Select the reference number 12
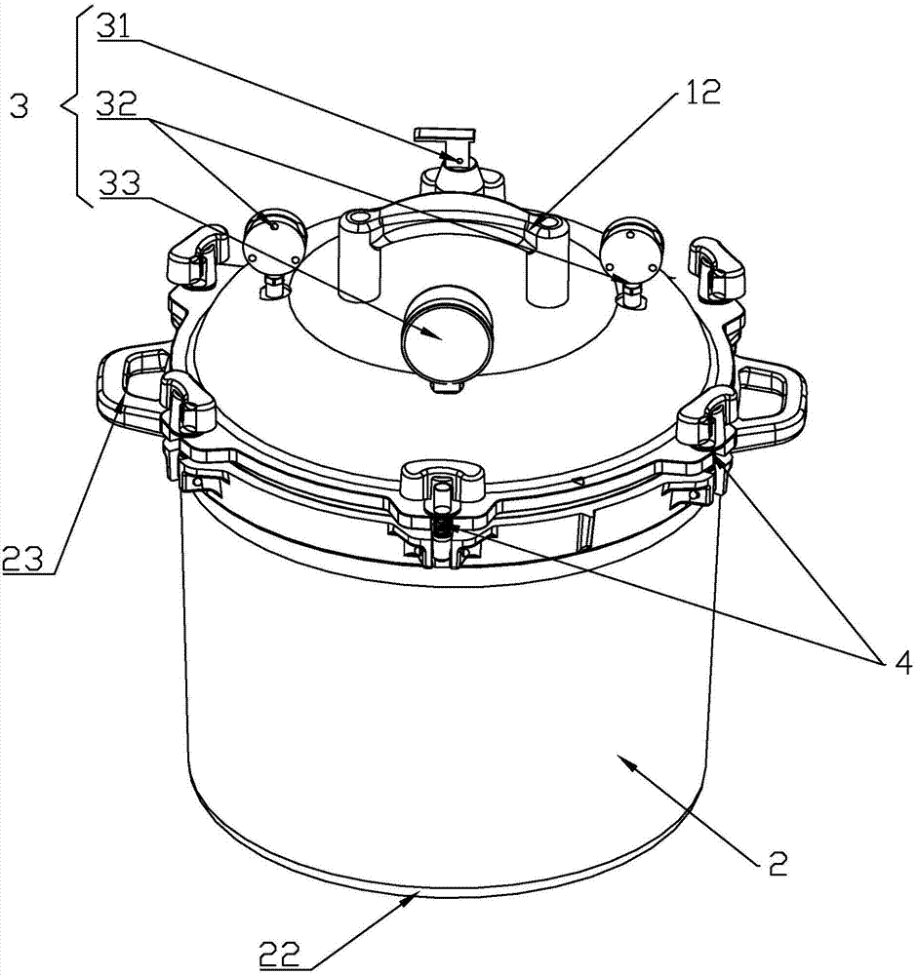pos(700,94)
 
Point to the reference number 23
pos(22,560)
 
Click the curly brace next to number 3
pos(75,105)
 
